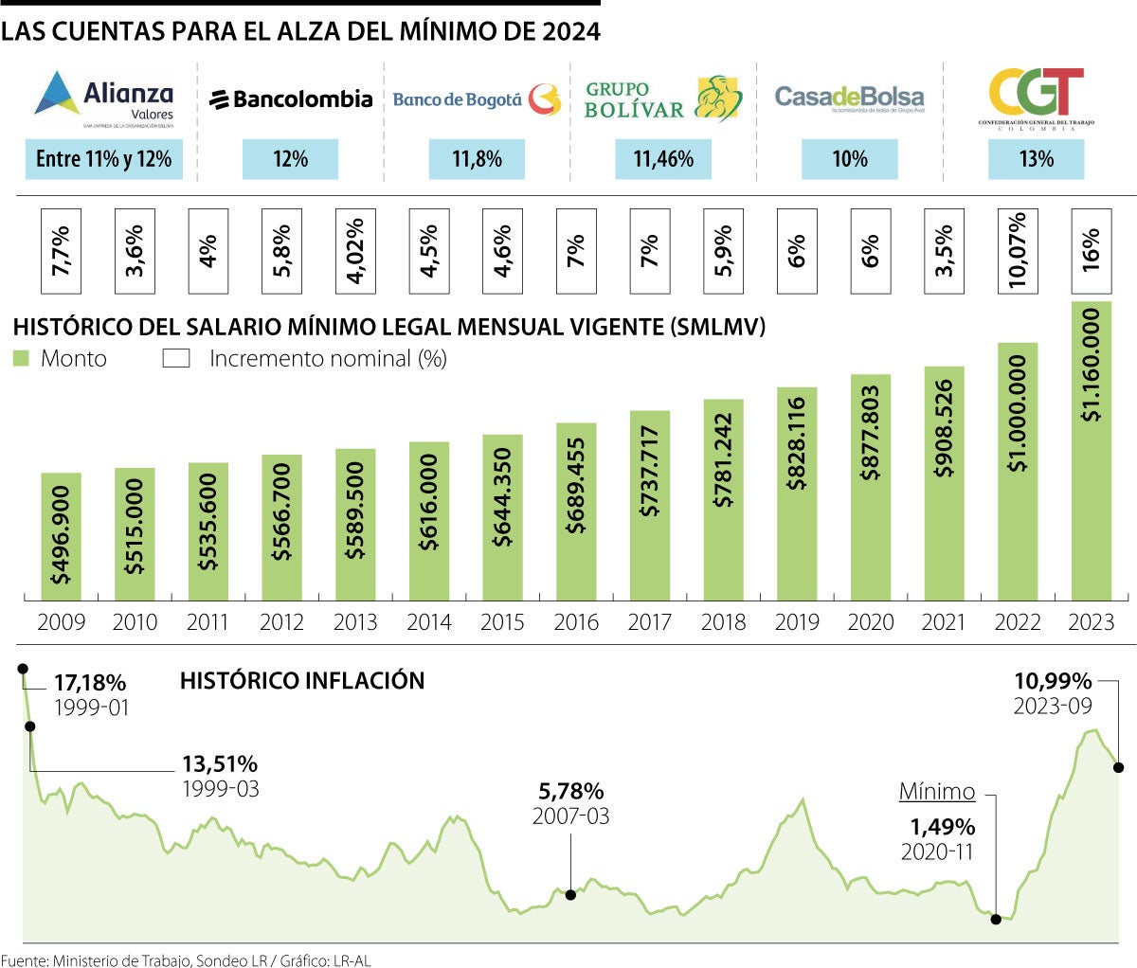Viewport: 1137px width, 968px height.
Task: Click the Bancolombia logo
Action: point(291,99)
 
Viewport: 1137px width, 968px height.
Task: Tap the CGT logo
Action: point(1036,98)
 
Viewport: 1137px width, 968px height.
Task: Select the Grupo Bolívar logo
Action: point(663,99)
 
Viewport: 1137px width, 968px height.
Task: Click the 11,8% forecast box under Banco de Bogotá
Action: point(477,158)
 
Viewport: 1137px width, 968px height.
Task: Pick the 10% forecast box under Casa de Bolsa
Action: point(849,158)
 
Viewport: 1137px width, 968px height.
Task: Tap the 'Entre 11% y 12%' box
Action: point(103,158)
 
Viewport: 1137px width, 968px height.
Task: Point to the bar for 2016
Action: point(576,511)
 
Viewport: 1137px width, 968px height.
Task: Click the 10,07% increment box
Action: point(1017,250)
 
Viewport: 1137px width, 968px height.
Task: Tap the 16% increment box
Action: point(1091,250)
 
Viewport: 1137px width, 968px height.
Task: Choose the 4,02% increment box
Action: point(355,250)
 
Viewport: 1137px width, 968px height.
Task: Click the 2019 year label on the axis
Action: point(797,622)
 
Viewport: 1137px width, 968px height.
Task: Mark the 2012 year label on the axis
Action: point(281,622)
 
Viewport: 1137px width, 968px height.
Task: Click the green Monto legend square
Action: point(22,358)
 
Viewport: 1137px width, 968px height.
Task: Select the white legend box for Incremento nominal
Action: point(176,358)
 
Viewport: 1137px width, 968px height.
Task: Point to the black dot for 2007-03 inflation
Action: point(570,893)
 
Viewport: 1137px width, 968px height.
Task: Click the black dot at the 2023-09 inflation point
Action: point(1119,767)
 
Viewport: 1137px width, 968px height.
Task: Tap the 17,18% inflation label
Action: point(89,682)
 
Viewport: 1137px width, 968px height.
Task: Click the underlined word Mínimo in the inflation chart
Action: point(936,792)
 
